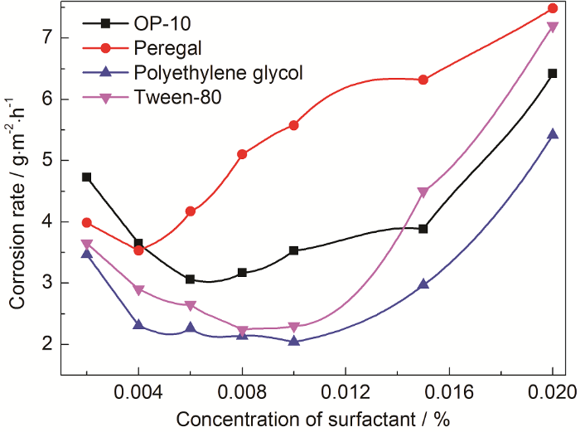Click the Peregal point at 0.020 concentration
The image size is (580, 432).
click(553, 8)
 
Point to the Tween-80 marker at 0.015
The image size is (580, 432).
click(423, 192)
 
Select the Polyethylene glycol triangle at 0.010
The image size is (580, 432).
click(294, 341)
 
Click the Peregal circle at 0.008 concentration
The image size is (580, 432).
click(242, 154)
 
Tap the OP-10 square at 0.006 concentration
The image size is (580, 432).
click(191, 279)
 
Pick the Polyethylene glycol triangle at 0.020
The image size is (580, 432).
click(553, 133)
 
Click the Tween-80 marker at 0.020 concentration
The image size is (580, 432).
click(553, 27)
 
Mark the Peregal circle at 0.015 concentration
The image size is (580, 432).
click(423, 80)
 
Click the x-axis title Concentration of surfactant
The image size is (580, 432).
click(307, 417)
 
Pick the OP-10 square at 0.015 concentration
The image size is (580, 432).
click(423, 229)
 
